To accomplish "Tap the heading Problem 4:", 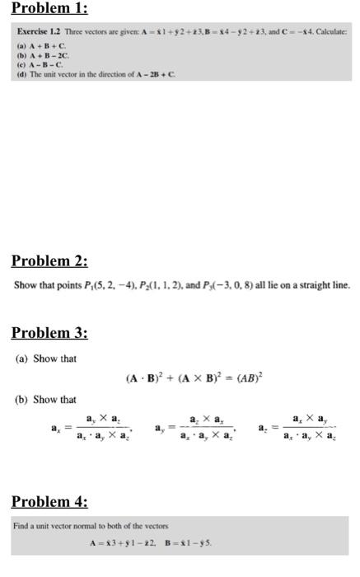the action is [x=49, y=501].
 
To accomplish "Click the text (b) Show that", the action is [x=46, y=399].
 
